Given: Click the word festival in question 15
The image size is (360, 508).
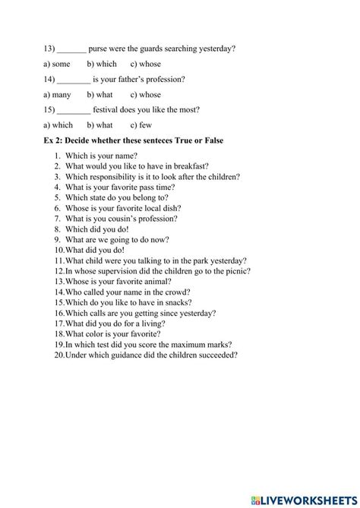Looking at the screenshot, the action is coord(107,109).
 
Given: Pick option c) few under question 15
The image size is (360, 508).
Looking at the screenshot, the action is coord(141,125).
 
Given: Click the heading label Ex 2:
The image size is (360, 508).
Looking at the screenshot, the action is coord(57,140).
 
